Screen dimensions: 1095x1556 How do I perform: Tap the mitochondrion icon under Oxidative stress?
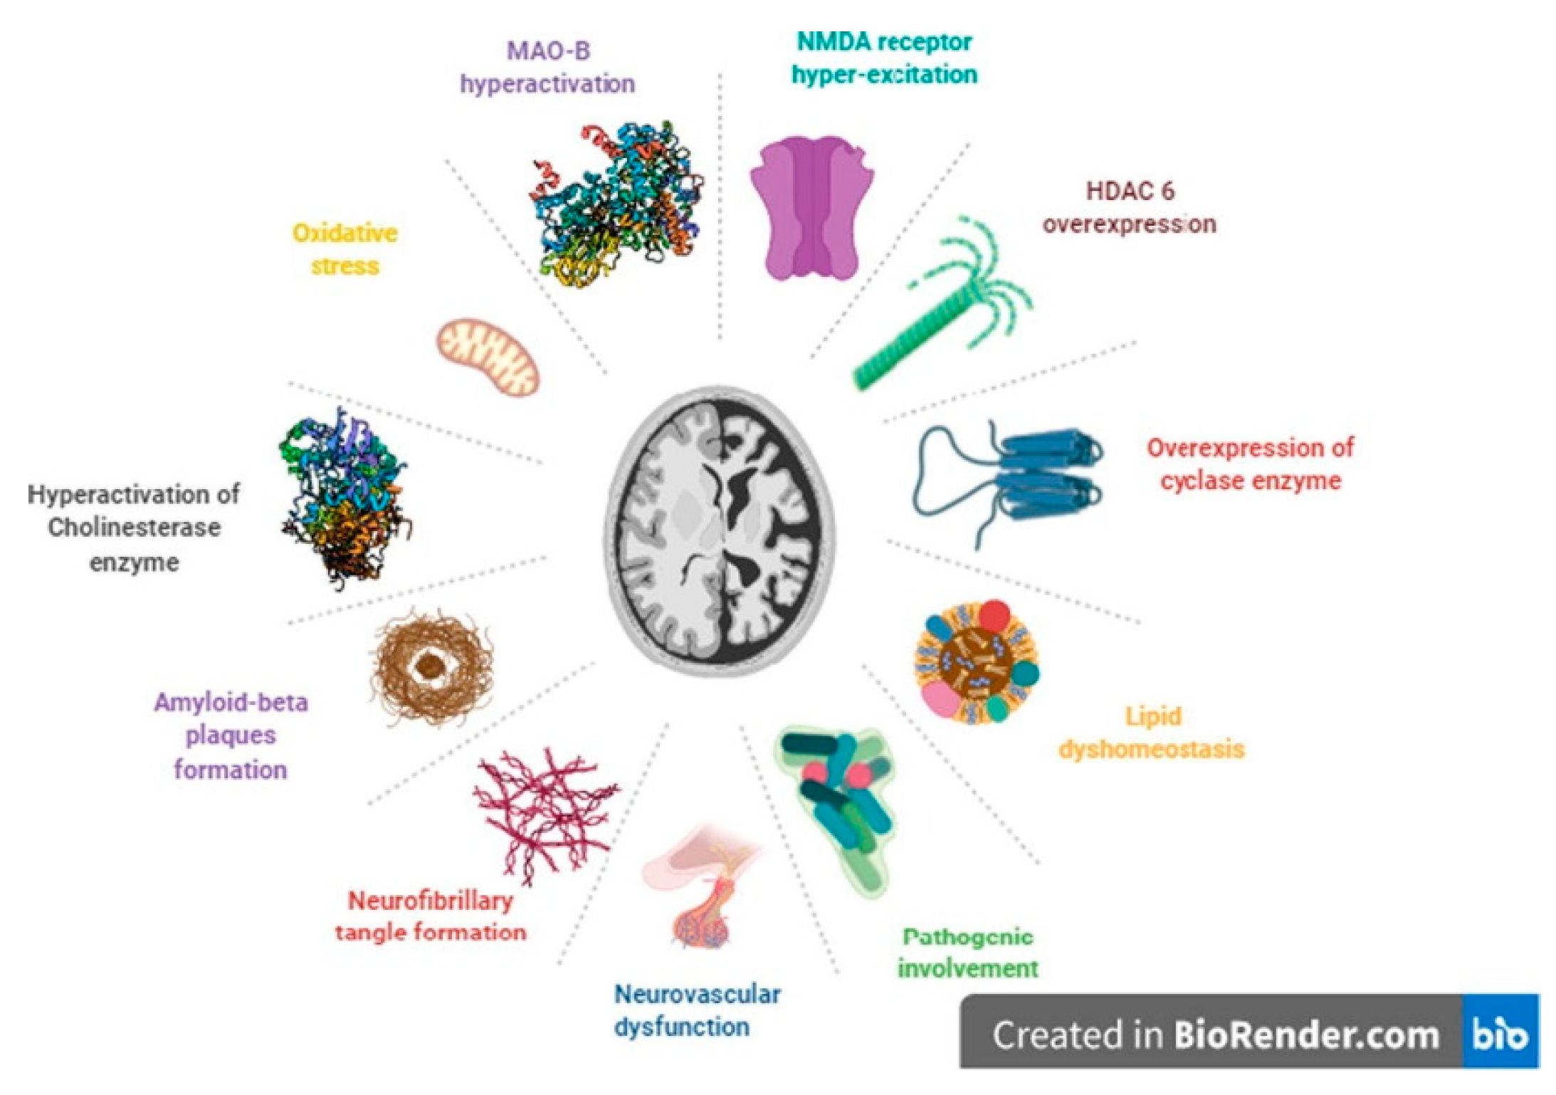pyautogui.click(x=488, y=357)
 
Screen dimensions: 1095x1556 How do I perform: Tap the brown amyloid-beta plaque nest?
pyautogui.click(x=431, y=666)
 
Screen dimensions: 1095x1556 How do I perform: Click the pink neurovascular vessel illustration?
pyautogui.click(x=701, y=890)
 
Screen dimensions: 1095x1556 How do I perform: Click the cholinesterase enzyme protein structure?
pyautogui.click(x=345, y=498)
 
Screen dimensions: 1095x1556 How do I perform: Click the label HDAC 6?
pyautogui.click(x=1130, y=191)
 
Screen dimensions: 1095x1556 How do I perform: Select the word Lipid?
pyautogui.click(x=1152, y=716)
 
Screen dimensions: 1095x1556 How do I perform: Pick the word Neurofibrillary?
pyautogui.click(x=431, y=901)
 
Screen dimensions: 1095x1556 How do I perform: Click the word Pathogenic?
pyautogui.click(x=967, y=937)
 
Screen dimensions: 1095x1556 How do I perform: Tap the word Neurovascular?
pyautogui.click(x=697, y=995)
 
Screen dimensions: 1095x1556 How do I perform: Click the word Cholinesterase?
pyautogui.click(x=134, y=528)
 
